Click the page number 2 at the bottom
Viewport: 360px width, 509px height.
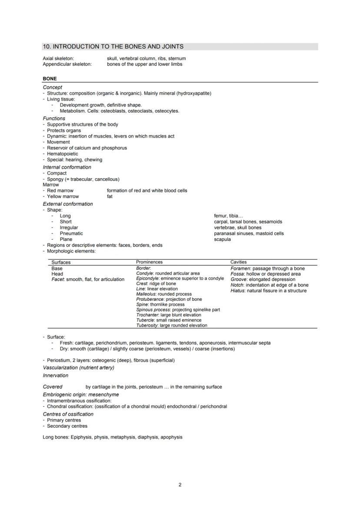click(180, 485)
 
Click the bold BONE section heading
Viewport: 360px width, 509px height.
click(50, 79)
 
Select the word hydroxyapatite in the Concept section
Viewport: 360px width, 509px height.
click(194, 93)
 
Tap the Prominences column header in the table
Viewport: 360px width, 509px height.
click(149, 262)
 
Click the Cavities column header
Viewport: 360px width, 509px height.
click(238, 262)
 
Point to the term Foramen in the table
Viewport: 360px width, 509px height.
click(240, 269)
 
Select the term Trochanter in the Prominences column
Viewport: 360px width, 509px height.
click(147, 315)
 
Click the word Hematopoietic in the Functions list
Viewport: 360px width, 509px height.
click(63, 154)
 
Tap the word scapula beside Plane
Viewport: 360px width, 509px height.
click(222, 239)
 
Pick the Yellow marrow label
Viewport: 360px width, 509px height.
click(63, 196)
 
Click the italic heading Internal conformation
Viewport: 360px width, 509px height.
click(67, 167)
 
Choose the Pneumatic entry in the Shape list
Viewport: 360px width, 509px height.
click(71, 233)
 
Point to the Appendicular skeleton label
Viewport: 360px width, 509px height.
click(67, 64)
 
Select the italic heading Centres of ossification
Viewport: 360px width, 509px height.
click(68, 414)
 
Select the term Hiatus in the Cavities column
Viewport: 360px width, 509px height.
click(237, 291)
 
